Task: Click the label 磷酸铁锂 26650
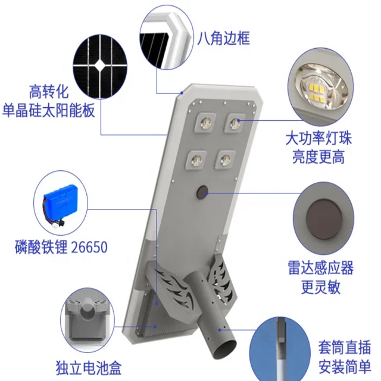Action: [x=62, y=246]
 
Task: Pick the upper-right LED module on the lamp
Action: [x=234, y=123]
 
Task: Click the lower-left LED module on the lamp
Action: [x=196, y=158]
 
